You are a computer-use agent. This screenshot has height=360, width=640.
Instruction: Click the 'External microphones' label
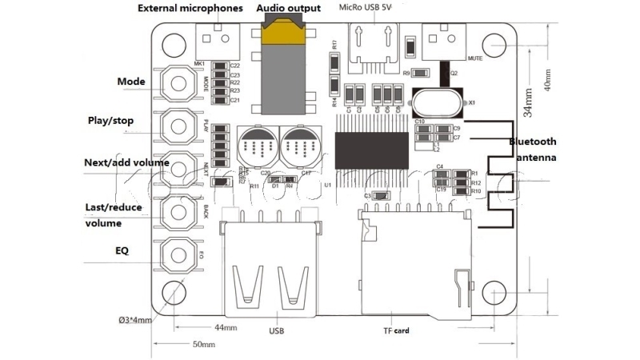click(190, 9)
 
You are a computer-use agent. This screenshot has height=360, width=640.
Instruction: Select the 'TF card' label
click(396, 330)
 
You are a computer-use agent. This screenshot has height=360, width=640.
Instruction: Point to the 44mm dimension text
click(226, 328)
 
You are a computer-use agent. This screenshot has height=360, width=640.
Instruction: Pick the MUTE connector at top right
click(445, 37)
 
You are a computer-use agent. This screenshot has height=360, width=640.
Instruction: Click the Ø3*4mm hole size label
click(130, 321)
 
